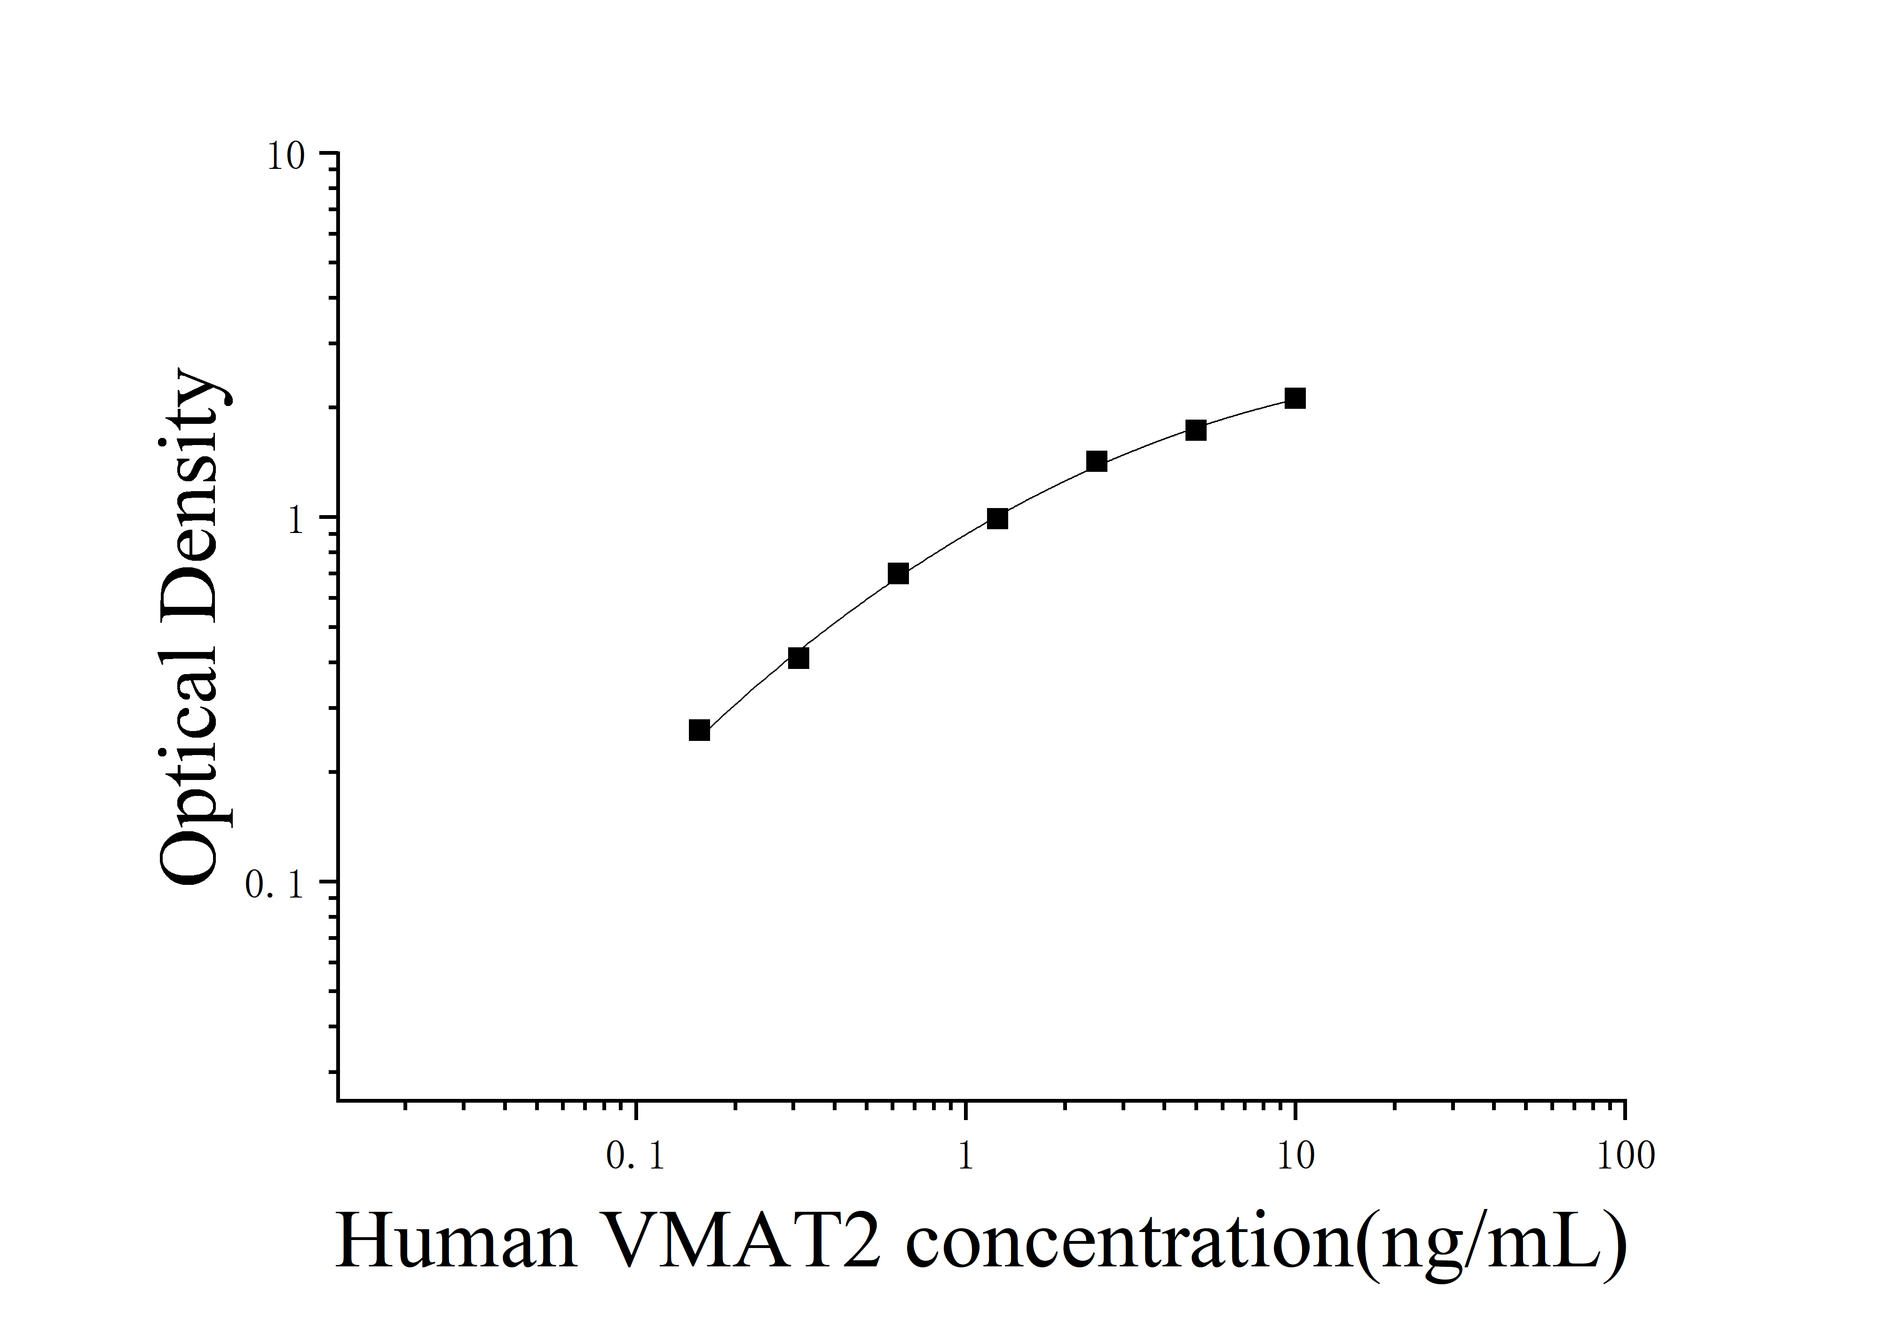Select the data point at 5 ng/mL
tap(1196, 430)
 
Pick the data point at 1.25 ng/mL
tap(997, 518)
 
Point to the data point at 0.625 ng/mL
tap(898, 573)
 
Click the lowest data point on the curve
tap(699, 730)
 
